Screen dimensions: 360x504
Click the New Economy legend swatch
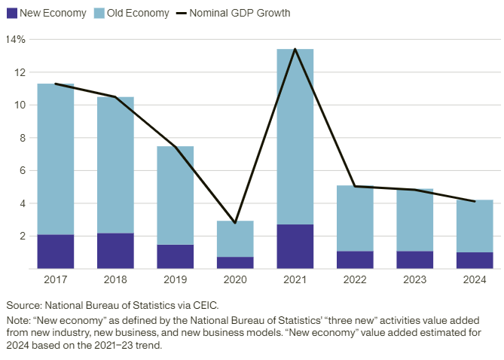[12, 13]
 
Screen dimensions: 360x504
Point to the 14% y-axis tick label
[16, 39]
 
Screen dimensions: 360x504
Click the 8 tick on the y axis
[22, 138]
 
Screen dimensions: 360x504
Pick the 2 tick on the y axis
[22, 236]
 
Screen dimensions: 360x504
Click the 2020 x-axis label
[235, 280]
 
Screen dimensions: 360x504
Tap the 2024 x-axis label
[475, 280]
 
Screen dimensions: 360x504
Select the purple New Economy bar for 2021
[295, 246]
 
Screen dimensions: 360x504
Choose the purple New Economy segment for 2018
[115, 251]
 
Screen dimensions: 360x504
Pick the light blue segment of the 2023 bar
[414, 219]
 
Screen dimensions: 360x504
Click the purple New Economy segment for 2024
[475, 260]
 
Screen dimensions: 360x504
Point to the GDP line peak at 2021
[295, 49]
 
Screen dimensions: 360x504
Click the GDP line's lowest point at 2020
[235, 223]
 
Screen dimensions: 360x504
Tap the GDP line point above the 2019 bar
[175, 146]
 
